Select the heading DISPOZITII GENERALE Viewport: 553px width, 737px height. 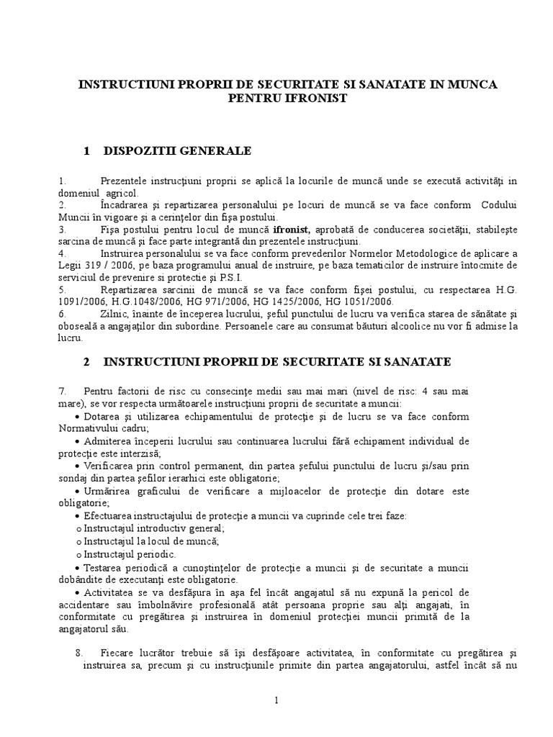pyautogui.click(x=177, y=150)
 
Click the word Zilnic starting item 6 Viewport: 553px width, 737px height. pyautogui.click(x=95, y=314)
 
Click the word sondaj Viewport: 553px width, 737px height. pyautogui.click(x=76, y=477)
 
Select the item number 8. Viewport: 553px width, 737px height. pyautogui.click(x=78, y=653)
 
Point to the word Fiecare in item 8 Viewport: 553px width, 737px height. pyautogui.click(x=119, y=653)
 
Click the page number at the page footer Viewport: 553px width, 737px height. pyautogui.click(x=276, y=701)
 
